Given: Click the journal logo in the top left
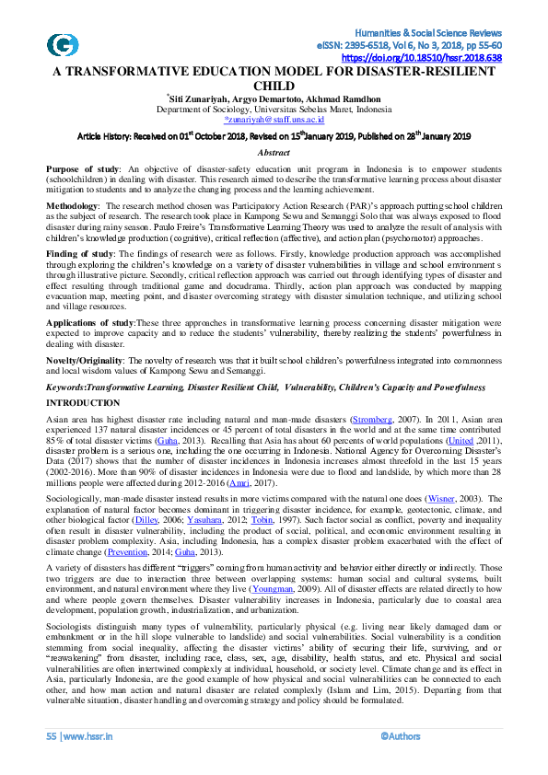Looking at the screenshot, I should pyautogui.click(x=63, y=45).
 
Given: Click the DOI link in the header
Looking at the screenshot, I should pyautogui.click(x=435, y=57).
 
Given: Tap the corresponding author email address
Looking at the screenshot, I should pyautogui.click(x=274, y=120).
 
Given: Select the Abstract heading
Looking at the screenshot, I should pyautogui.click(x=274, y=153).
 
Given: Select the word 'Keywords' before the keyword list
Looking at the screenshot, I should pyautogui.click(x=70, y=389).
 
